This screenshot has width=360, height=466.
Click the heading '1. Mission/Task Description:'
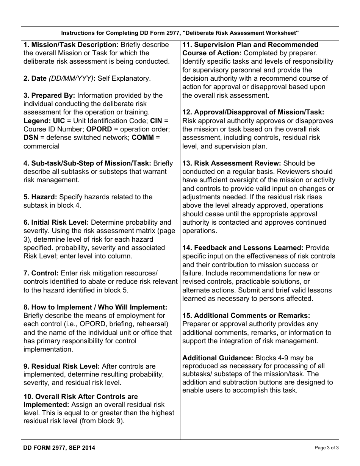click(71, 45)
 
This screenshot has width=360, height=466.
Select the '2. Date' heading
click(35, 78)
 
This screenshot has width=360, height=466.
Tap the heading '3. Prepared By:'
click(49, 95)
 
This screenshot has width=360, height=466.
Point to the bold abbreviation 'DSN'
click(31, 138)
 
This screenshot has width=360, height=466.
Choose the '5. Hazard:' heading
click(40, 197)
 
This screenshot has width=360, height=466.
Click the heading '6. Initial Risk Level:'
click(56, 222)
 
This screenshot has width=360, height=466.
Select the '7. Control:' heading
click(41, 273)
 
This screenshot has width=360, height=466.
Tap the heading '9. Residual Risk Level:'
click(62, 366)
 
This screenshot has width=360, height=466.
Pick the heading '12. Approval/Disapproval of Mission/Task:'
click(253, 113)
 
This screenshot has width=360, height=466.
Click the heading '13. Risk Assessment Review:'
click(232, 163)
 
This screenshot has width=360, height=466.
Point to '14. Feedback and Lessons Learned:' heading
click(243, 248)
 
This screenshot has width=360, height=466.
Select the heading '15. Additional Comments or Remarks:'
click(246, 316)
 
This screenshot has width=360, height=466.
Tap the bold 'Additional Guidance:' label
click(218, 358)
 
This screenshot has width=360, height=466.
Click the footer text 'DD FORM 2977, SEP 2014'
click(59, 448)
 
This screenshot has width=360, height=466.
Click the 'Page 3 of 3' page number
click(327, 448)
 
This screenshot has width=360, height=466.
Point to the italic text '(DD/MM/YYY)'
click(70, 78)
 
